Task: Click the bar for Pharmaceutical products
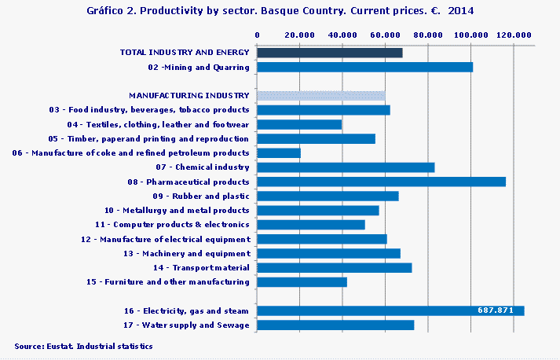pyautogui.click(x=381, y=182)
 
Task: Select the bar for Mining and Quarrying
pyautogui.click(x=364, y=67)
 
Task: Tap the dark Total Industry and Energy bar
pyautogui.click(x=330, y=53)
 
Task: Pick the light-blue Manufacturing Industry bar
pyautogui.click(x=321, y=96)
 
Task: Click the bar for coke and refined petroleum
pyautogui.click(x=279, y=152)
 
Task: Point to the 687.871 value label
pyautogui.click(x=495, y=310)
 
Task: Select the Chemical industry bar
pyautogui.click(x=346, y=167)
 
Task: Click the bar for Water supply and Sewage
pyautogui.click(x=335, y=325)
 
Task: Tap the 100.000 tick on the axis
pyautogui.click(x=471, y=35)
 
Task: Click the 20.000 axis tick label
pyautogui.click(x=300, y=35)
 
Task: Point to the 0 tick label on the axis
pyautogui.click(x=258, y=35)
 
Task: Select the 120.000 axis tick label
pyautogui.click(x=514, y=35)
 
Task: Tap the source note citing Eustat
pyautogui.click(x=83, y=346)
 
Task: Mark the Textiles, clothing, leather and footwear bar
pyautogui.click(x=299, y=124)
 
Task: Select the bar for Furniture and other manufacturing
pyautogui.click(x=302, y=281)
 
